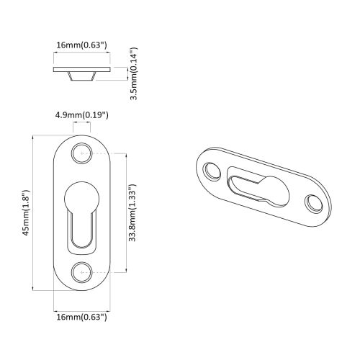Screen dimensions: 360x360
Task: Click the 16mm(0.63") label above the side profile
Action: (82, 45)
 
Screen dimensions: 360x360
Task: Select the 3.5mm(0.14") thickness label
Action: (134, 73)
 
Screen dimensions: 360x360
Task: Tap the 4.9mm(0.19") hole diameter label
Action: (82, 114)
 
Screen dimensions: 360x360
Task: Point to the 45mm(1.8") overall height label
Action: (26, 212)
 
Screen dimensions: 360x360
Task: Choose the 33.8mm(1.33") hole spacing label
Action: (134, 212)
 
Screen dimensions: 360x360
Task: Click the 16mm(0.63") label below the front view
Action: (82, 316)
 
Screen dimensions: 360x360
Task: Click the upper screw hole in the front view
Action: (82, 153)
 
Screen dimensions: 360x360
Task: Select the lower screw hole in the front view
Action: (82, 271)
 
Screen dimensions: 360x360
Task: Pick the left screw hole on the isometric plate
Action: (212, 171)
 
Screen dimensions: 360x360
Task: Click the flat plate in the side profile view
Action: (82, 69)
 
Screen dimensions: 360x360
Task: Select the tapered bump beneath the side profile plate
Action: (82, 76)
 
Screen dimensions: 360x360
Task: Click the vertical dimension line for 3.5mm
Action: (127, 73)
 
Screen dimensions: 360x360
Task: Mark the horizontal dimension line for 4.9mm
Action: (82, 124)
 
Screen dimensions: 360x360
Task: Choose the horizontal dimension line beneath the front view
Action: (82, 307)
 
